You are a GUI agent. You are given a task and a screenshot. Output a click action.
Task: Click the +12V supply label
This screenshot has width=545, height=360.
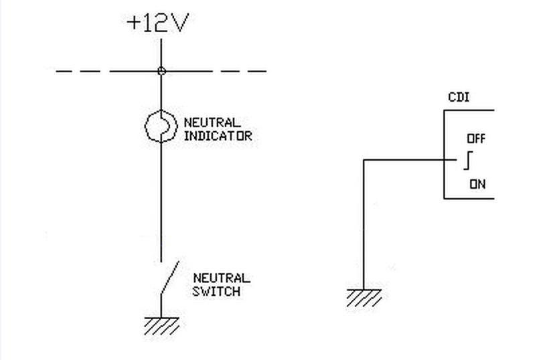(x=158, y=23)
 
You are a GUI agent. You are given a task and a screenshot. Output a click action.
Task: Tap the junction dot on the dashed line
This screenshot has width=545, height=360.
(x=161, y=71)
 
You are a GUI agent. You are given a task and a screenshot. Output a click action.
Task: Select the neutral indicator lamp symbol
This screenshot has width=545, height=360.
(x=161, y=126)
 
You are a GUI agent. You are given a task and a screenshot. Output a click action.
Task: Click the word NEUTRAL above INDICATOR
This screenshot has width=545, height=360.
(x=212, y=122)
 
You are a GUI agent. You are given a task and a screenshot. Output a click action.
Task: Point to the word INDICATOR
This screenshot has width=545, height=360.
(x=218, y=136)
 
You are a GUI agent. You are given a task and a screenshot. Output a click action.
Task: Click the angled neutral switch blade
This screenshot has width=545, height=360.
(x=170, y=278)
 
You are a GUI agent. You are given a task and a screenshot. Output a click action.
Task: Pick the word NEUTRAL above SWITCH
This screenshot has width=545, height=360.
(x=222, y=278)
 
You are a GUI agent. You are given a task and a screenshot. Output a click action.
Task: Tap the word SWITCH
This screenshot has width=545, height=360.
(x=216, y=291)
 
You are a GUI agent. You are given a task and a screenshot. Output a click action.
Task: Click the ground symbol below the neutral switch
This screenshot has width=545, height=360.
(x=161, y=326)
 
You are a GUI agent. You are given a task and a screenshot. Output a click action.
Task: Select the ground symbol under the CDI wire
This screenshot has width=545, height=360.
(x=364, y=298)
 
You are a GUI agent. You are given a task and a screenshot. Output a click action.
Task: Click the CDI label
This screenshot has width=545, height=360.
(x=459, y=97)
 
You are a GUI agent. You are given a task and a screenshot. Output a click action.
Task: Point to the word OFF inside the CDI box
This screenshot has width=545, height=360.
(x=476, y=139)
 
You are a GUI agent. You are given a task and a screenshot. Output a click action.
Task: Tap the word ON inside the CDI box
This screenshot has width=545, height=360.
(x=477, y=184)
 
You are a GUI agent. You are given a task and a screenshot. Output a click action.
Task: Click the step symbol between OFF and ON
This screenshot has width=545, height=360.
(x=468, y=160)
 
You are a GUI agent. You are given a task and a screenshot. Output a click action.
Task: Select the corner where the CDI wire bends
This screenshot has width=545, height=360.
(x=364, y=160)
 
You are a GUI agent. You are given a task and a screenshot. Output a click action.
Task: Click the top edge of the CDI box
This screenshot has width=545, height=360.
(x=469, y=110)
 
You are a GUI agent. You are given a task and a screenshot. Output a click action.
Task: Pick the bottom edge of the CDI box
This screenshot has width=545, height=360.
(x=469, y=199)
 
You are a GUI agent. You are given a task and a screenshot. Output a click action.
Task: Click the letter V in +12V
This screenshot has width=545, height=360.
(x=180, y=23)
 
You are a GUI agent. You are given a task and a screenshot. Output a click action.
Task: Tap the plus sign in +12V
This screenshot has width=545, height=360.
(x=134, y=23)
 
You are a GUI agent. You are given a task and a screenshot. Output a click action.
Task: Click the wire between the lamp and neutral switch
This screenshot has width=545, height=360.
(x=161, y=201)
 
